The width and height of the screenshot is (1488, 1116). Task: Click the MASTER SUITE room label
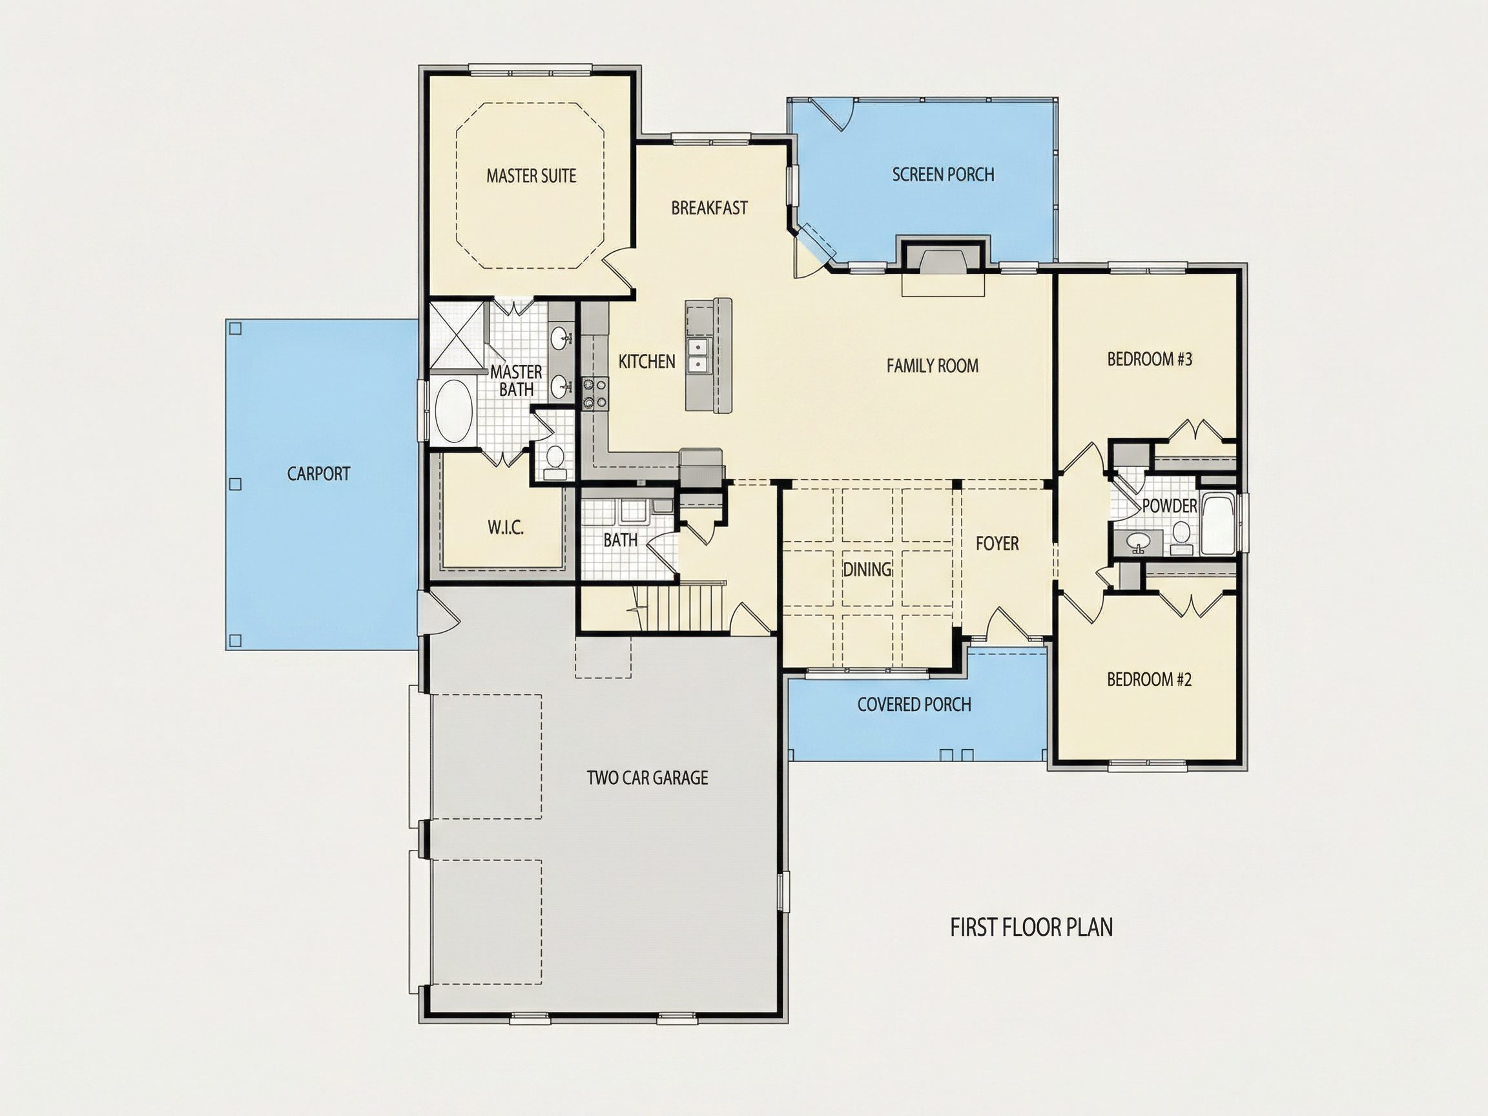click(x=532, y=176)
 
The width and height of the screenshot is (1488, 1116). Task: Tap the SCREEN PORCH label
click(x=943, y=175)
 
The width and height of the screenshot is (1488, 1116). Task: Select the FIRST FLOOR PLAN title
click(x=1031, y=927)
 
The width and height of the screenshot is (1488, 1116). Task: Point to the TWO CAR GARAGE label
click(x=647, y=778)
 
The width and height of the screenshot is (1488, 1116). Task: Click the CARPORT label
click(x=318, y=474)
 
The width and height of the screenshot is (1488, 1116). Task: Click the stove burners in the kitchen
click(x=595, y=393)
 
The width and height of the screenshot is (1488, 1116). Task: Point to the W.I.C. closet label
click(x=505, y=528)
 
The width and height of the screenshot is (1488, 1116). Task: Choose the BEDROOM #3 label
click(x=1150, y=359)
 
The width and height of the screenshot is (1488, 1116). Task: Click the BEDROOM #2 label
click(x=1149, y=679)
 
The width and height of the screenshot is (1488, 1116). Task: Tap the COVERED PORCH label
click(x=914, y=705)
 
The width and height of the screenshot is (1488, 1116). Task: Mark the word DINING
click(x=867, y=570)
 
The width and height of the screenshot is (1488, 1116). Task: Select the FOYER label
click(x=997, y=544)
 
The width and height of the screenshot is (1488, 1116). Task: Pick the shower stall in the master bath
click(x=457, y=336)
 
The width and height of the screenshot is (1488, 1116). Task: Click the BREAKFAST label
click(x=709, y=209)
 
